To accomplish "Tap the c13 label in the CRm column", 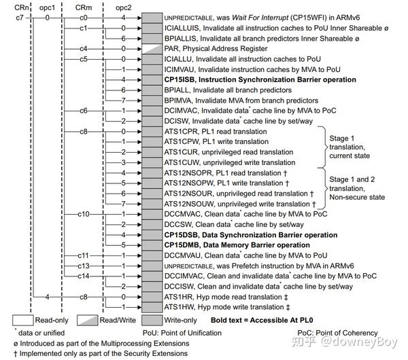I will click(x=84, y=265).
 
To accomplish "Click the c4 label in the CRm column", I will click(x=84, y=49).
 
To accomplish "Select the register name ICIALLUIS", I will click(x=186, y=29).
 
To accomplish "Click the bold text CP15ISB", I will click(x=182, y=79).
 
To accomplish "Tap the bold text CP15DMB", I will click(x=183, y=245).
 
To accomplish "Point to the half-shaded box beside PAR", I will click(x=152, y=49).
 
